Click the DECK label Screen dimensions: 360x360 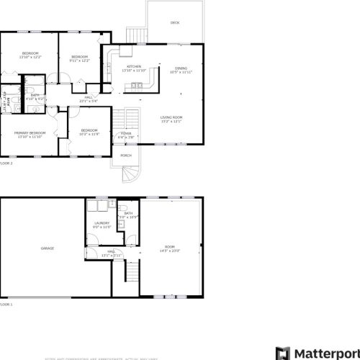[175, 23]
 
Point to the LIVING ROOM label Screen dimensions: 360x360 [171, 117]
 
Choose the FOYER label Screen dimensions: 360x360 [126, 134]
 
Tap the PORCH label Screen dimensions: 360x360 [125, 156]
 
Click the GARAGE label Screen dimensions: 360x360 [48, 248]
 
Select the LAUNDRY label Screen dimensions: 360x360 [102, 223]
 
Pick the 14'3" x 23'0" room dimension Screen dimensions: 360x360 [170, 250]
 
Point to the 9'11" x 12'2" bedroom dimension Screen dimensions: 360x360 [79, 60]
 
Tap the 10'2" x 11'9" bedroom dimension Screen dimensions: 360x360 [89, 135]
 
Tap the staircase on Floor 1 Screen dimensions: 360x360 [132, 272]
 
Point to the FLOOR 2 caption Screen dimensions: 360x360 [6, 163]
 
